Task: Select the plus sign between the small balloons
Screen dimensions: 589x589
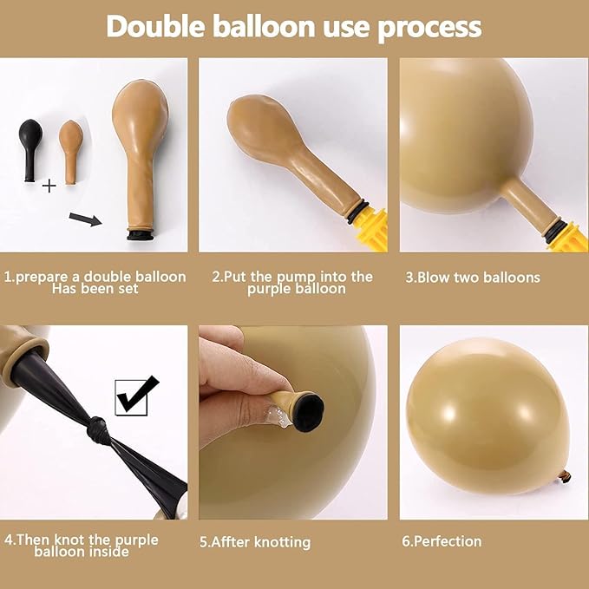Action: click(49, 185)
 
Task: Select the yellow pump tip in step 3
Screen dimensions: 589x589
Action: click(568, 236)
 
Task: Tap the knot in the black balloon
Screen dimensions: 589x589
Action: click(98, 429)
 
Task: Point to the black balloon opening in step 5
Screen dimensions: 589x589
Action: click(307, 408)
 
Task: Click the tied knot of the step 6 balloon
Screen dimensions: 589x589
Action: click(564, 475)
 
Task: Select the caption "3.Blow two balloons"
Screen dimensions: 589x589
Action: click(473, 278)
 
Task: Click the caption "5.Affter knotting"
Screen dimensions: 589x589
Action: click(254, 542)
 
